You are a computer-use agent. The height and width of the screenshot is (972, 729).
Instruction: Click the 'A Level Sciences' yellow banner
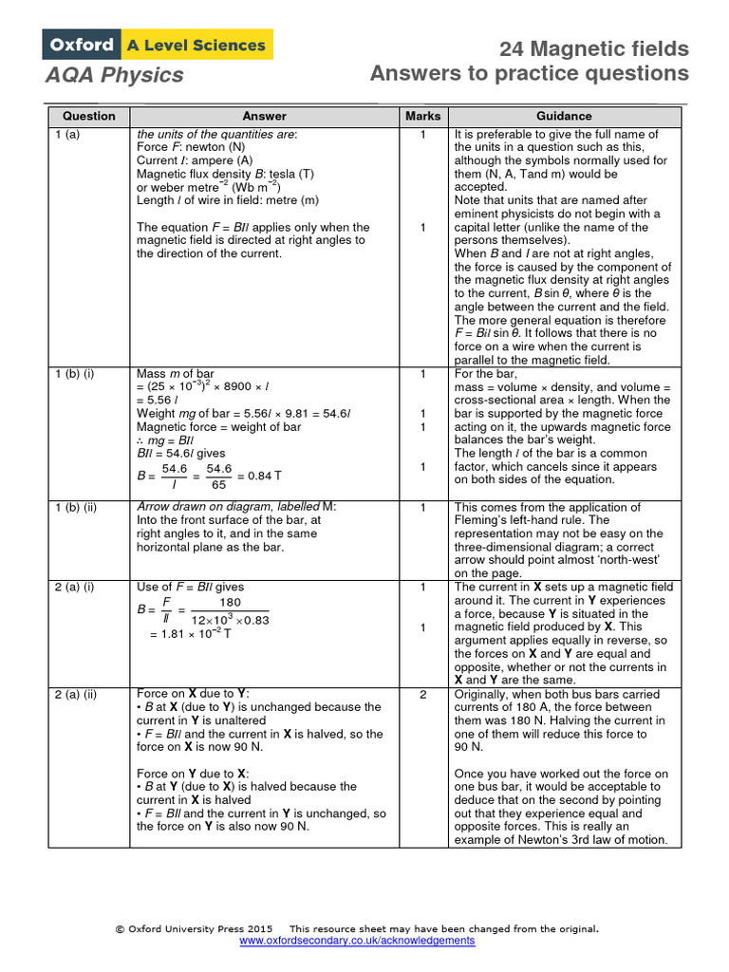point(196,45)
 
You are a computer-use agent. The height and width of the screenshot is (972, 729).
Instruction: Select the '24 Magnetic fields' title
point(594,49)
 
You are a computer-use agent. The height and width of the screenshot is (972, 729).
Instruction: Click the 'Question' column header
point(89,116)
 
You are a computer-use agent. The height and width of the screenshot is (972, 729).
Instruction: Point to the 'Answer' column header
point(264,116)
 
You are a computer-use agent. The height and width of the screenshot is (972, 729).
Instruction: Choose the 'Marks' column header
point(422,116)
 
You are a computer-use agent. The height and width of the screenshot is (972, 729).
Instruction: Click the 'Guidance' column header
point(564,116)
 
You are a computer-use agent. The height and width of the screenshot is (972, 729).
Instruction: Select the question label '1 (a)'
point(67,135)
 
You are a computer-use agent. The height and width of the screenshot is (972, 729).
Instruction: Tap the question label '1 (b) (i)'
point(74,374)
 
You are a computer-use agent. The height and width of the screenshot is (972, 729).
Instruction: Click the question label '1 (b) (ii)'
point(76,507)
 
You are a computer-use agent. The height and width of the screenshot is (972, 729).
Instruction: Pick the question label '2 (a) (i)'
point(74,588)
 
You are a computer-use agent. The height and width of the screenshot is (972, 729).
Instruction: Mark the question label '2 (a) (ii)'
point(76,694)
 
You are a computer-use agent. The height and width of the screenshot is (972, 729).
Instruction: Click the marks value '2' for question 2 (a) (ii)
point(422,694)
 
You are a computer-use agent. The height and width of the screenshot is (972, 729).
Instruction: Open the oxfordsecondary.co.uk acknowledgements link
point(357,940)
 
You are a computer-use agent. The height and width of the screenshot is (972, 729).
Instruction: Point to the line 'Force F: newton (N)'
point(191,148)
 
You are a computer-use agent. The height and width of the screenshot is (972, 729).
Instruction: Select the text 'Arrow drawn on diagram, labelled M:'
point(236,507)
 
